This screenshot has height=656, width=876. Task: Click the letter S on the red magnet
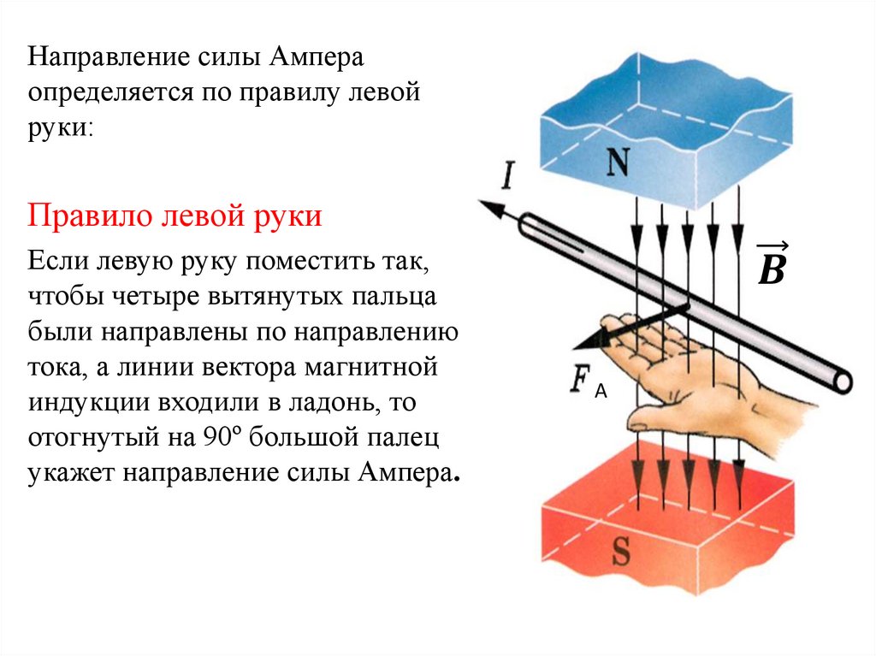click(x=620, y=553)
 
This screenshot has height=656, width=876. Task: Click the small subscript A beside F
click(x=601, y=391)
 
